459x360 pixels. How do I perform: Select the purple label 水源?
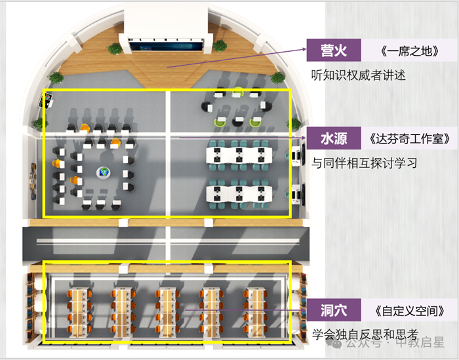tap(334, 139)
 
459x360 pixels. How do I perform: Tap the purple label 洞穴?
tap(334, 310)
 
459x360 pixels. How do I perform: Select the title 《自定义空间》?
tap(406, 310)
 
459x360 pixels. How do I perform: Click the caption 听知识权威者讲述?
tap(359, 75)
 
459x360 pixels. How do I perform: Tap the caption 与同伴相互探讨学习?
tap(365, 162)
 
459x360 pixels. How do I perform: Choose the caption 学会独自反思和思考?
tap(365, 333)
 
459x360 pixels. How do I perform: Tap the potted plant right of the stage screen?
tap(219, 47)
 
